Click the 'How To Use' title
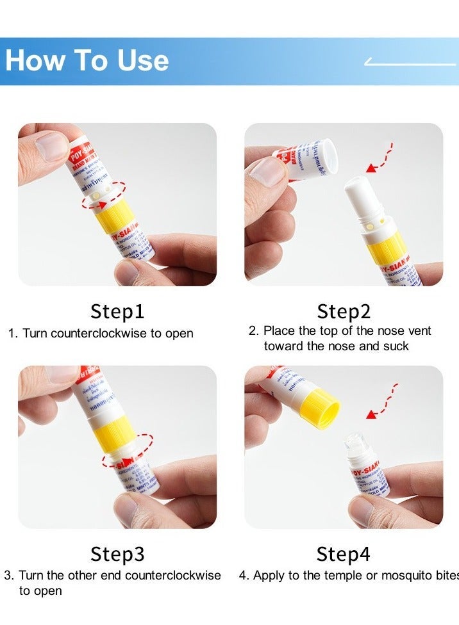87,60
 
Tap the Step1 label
117,312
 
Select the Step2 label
344,312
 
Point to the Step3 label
117,554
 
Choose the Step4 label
344,554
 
